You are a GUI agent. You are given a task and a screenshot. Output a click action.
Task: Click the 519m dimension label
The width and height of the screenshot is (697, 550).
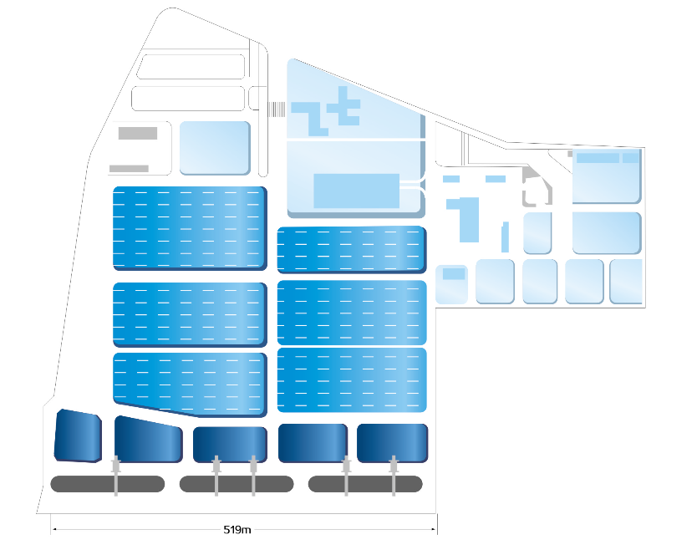(238, 529)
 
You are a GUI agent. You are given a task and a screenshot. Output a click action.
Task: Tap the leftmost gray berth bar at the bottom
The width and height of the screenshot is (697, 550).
(107, 483)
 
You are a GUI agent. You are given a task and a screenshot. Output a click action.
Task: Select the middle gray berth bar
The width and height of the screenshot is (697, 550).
(236, 483)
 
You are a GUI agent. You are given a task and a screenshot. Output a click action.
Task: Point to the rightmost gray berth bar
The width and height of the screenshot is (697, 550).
(365, 483)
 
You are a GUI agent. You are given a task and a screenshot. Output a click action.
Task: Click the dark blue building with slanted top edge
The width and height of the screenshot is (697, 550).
(147, 439)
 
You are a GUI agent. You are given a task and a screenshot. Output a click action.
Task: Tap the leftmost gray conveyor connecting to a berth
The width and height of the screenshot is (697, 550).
(116, 476)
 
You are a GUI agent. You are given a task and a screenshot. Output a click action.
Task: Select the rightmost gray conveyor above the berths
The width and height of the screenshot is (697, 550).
(394, 476)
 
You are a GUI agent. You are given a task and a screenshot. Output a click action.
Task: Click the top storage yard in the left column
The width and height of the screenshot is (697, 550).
(189, 228)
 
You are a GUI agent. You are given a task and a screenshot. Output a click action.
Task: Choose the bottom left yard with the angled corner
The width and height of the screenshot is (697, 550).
(189, 383)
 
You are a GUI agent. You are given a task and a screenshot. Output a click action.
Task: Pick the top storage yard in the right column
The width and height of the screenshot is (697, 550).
(351, 249)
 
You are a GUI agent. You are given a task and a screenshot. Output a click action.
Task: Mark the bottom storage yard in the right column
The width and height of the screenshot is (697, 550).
(351, 380)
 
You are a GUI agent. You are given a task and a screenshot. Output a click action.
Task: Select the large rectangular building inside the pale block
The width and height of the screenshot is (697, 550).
(356, 191)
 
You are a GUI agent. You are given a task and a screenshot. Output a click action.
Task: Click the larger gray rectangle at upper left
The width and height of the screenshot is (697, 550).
(138, 133)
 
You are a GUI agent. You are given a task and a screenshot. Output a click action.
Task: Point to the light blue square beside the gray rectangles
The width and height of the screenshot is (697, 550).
(215, 147)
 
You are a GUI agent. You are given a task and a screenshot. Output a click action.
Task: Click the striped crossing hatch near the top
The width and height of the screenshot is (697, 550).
(277, 109)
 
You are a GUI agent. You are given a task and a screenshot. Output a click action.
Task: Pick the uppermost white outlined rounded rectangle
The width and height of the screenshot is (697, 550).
(191, 67)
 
